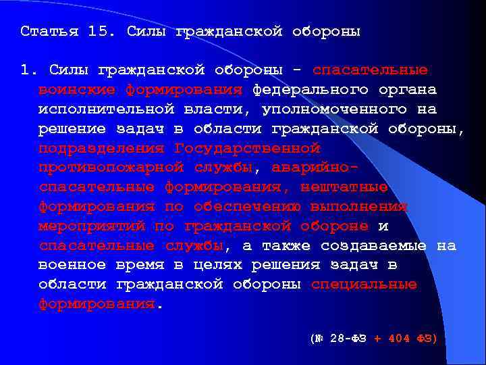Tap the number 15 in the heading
point(98,32)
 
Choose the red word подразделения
point(102,148)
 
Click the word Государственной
point(247,148)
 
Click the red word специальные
point(364,284)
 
